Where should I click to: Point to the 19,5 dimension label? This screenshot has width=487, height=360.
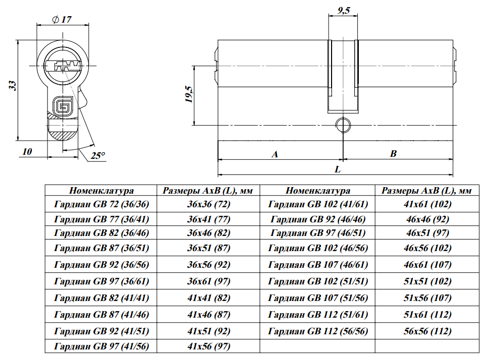pos(188,95)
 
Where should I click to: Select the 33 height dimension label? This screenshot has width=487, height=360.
pos(13,86)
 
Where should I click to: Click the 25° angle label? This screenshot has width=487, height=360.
pos(97,155)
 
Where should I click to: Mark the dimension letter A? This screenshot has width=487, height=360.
pos(275,154)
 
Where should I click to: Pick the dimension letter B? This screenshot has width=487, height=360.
pos(394,154)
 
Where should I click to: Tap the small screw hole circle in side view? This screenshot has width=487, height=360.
pos(344,125)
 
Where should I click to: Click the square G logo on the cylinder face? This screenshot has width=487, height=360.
pos(64,106)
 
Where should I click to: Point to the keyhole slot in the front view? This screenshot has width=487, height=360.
pos(64,66)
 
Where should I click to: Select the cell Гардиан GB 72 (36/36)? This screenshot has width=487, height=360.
pos(101,204)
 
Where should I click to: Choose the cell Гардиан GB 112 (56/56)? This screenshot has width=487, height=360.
pos(318,331)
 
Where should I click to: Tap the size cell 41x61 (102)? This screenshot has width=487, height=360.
pos(427,204)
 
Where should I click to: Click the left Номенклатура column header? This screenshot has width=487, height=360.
pos(101,191)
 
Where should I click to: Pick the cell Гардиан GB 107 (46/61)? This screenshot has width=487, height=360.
pos(318,264)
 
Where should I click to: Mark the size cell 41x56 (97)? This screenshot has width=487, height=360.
pos(208,346)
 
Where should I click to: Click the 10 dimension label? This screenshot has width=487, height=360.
pos(27,151)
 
